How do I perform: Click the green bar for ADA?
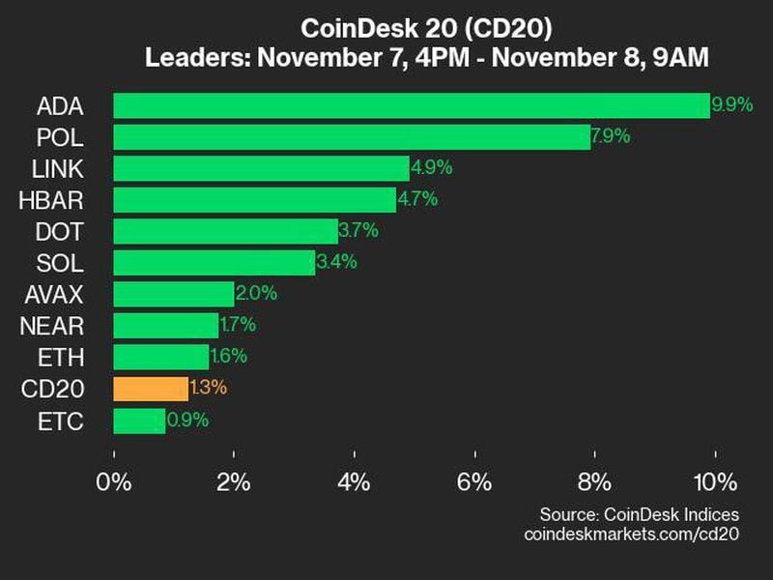click(411, 105)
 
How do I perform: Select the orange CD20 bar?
click(151, 389)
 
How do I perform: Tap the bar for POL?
click(351, 136)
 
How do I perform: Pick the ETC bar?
click(139, 420)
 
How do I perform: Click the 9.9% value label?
click(731, 105)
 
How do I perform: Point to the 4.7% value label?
click(417, 200)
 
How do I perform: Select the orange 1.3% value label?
click(208, 389)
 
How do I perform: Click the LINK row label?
click(58, 168)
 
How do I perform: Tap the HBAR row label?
click(52, 200)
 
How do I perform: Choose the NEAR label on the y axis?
click(52, 326)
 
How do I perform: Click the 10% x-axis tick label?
click(714, 482)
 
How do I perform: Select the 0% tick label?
click(115, 482)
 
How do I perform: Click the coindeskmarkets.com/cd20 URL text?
click(631, 534)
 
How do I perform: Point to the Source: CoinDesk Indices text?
click(638, 513)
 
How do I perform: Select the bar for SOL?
click(214, 263)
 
